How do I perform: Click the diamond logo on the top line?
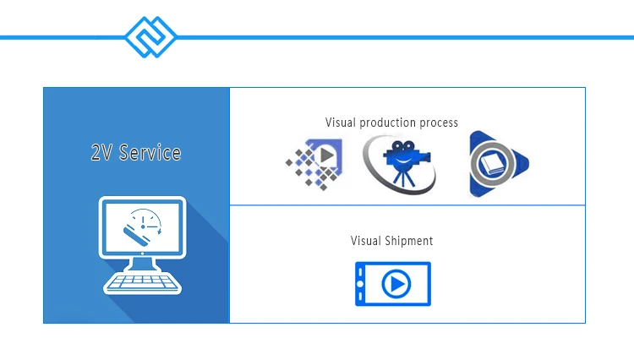pyautogui.click(x=150, y=37)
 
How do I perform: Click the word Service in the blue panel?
pyautogui.click(x=150, y=153)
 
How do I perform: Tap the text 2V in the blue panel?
pyautogui.click(x=101, y=153)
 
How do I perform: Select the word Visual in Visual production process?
pyautogui.click(x=341, y=123)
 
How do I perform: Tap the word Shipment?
pyautogui.click(x=409, y=241)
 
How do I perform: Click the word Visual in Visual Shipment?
pyautogui.click(x=365, y=241)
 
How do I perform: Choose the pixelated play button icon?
pyautogui.click(x=314, y=164)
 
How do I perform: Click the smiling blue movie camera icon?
pyautogui.click(x=399, y=164)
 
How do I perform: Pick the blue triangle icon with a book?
pyautogui.click(x=499, y=164)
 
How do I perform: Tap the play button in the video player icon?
pyautogui.click(x=396, y=284)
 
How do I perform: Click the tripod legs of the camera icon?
pyautogui.click(x=403, y=178)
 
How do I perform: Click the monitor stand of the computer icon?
pyautogui.click(x=142, y=265)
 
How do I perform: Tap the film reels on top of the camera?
pyautogui.click(x=403, y=146)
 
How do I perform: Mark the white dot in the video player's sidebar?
pyautogui.click(x=360, y=284)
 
